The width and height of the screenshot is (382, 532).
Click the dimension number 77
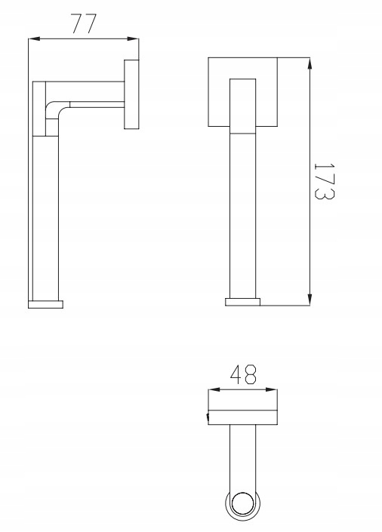point(83,24)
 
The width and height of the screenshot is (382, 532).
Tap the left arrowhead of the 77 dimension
point(32,41)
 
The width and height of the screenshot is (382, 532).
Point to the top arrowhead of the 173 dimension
point(310,61)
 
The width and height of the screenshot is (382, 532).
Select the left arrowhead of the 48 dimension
point(211,390)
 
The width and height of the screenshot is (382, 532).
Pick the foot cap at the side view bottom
point(46,304)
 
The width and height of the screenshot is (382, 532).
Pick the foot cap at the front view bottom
point(243,302)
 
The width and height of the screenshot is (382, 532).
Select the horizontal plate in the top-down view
point(242,418)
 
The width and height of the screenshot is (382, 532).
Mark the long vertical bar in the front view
point(243,211)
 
